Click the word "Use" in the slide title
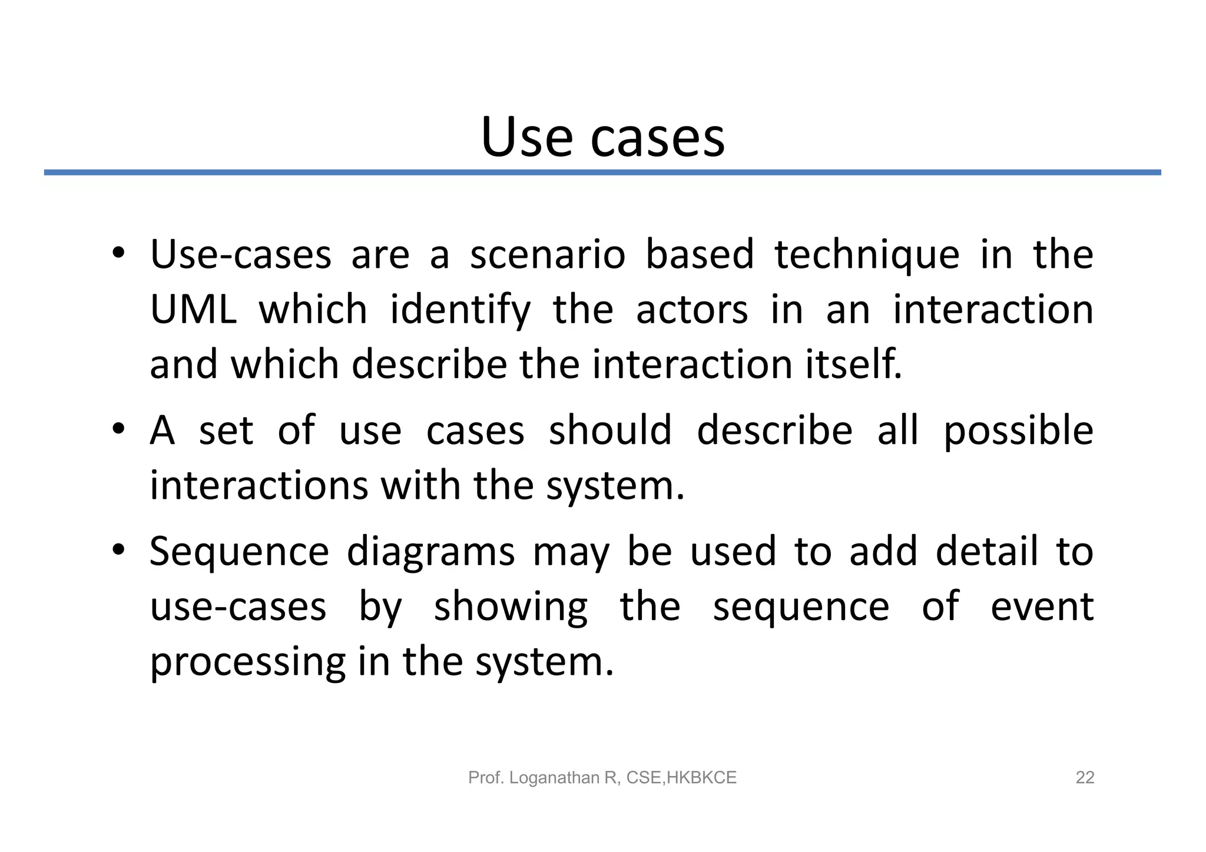[526, 138]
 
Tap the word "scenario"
[547, 255]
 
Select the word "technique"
[867, 256]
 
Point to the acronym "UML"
[193, 310]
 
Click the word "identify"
[460, 311]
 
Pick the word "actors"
[692, 310]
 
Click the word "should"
[610, 430]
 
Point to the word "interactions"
[259, 486]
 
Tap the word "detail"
[986, 552]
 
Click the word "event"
[1042, 607]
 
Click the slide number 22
[1085, 778]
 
